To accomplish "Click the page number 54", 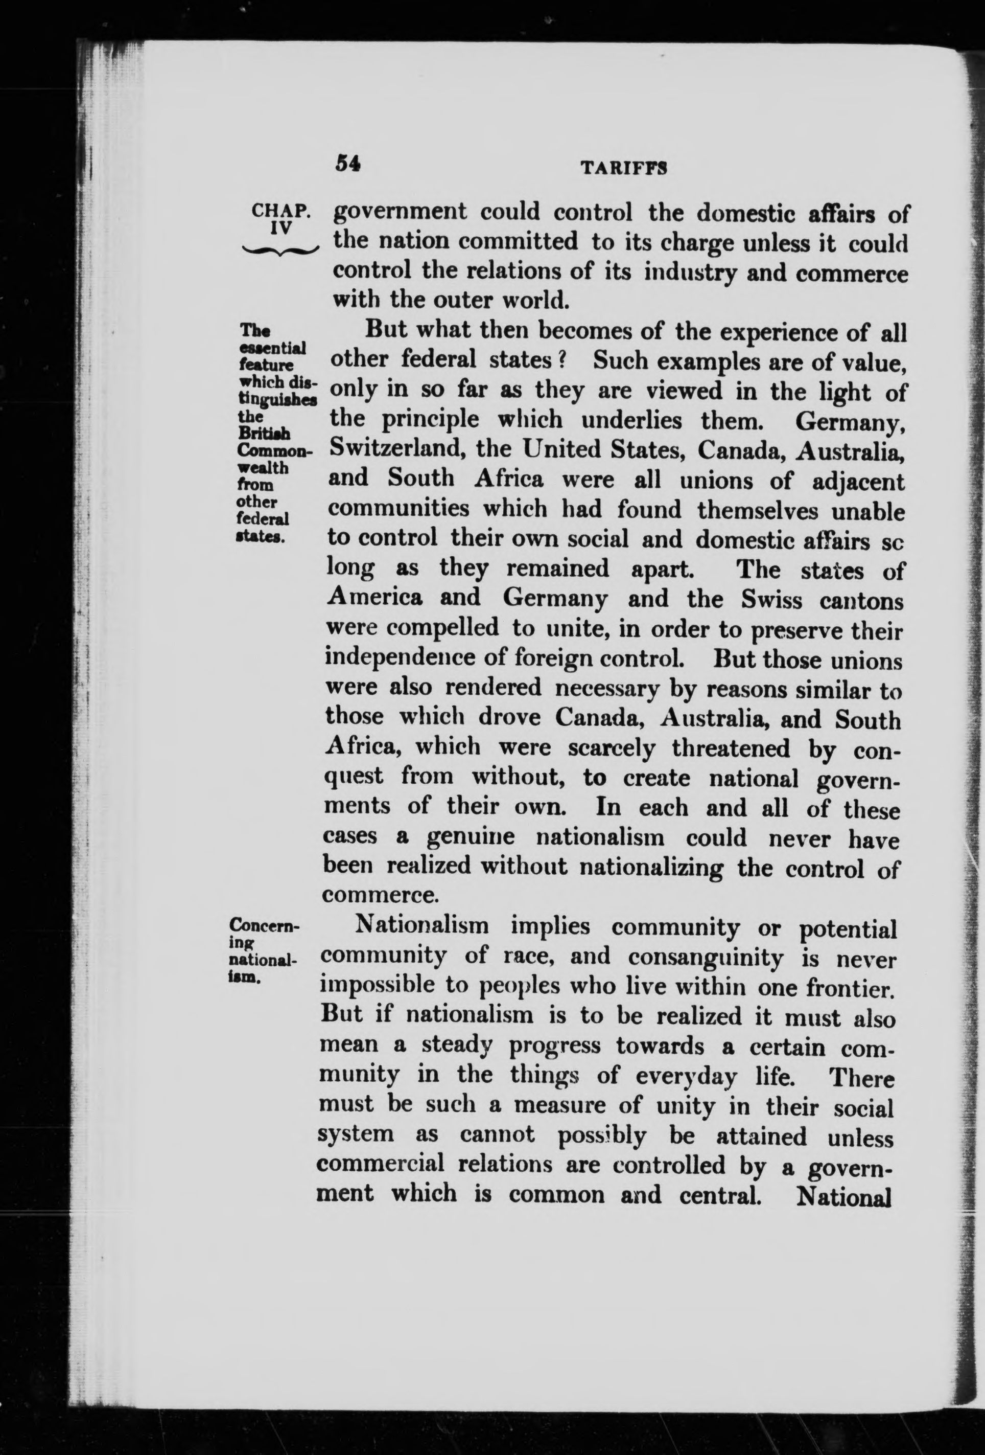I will click(x=348, y=164).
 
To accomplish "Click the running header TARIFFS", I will click(x=622, y=168).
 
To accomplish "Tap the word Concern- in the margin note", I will click(x=265, y=926).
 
